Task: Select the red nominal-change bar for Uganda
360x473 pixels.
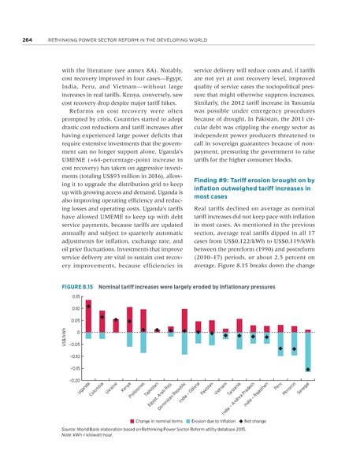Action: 88,318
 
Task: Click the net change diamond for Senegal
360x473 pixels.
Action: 308,369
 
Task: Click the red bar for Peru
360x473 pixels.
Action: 280,328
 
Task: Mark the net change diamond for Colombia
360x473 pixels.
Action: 102,317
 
